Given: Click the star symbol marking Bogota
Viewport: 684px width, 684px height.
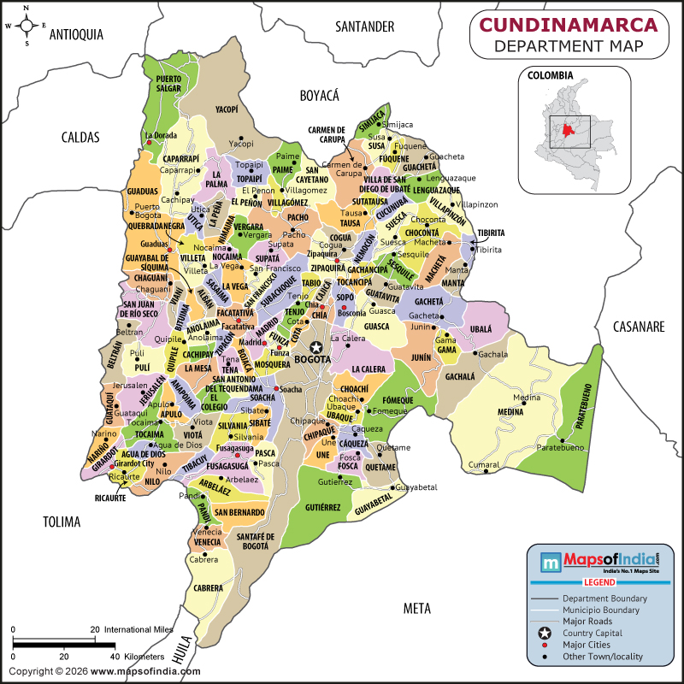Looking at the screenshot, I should tap(317, 346).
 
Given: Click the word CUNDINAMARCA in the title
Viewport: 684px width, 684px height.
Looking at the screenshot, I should tap(567, 25).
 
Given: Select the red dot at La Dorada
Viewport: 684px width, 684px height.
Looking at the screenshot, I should tap(150, 143).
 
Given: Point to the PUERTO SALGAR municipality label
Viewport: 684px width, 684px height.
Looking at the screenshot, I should tap(168, 84).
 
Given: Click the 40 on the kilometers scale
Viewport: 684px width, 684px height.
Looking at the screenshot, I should tap(114, 656).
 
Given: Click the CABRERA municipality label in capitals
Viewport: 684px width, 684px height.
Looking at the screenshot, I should tap(208, 588).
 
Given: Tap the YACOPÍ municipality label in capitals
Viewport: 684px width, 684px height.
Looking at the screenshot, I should tap(227, 109).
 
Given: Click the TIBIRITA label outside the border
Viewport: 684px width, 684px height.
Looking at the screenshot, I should tap(491, 233).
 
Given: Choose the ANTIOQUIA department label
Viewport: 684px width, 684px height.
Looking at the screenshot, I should tap(76, 34).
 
